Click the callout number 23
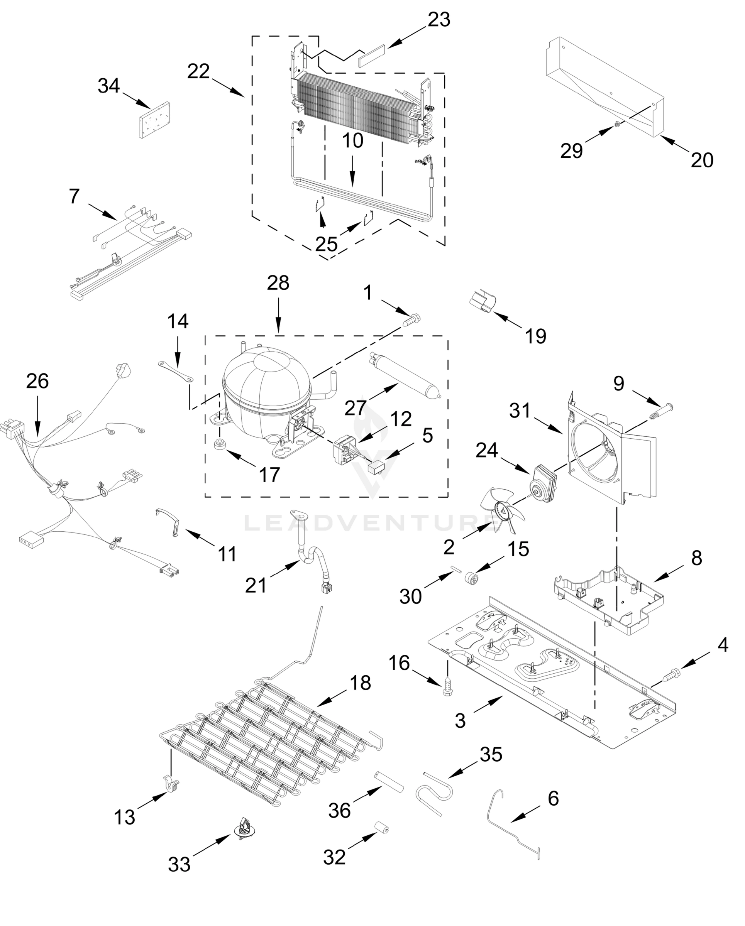[x=439, y=20]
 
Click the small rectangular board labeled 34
[x=153, y=120]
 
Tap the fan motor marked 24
[x=542, y=481]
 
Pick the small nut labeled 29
[x=616, y=124]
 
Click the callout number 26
[x=37, y=381]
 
